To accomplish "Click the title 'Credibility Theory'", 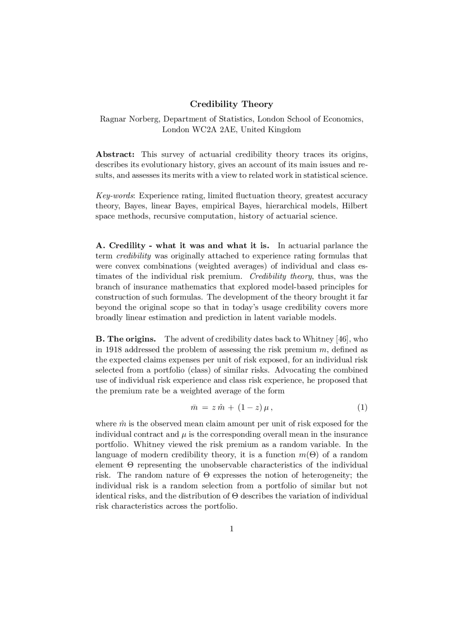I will (x=231, y=104).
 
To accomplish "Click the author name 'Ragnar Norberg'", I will (x=130, y=119).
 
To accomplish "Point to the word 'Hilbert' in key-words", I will (x=355, y=206).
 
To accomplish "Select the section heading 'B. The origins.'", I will (x=126, y=339).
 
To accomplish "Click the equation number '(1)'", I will (x=362, y=407).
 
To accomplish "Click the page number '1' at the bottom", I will (x=231, y=529).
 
